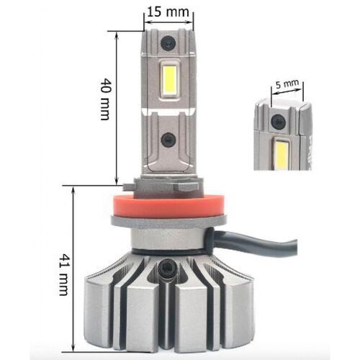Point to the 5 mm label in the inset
(287, 84)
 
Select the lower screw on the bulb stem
(167, 141)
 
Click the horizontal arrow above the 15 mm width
(166, 21)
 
